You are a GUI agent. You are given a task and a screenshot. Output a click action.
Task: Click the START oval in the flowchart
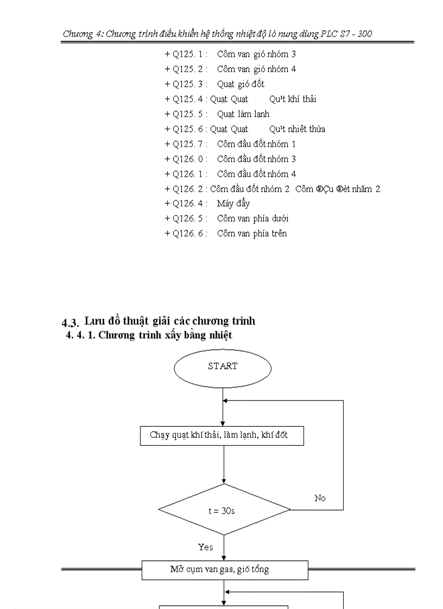point(223,367)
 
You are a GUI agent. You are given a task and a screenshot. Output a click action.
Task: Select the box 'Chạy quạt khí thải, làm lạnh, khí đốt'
point(221,435)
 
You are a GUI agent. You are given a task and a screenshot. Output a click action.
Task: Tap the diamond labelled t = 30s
point(224,510)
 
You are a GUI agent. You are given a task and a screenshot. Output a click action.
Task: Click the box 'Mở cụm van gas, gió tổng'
point(225,570)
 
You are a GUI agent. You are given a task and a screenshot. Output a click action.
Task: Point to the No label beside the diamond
point(320,498)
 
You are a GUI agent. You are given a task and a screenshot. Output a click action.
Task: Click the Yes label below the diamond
point(206,547)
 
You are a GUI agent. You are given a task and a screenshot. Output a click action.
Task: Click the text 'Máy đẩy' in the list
point(233,203)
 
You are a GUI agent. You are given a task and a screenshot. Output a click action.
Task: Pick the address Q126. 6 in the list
point(189,234)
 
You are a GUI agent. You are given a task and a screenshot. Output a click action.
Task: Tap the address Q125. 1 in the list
point(189,54)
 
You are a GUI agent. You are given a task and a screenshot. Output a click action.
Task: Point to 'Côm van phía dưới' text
point(252,219)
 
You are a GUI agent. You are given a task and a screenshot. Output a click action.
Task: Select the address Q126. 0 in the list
point(189,159)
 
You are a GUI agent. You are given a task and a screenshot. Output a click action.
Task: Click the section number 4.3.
point(71,323)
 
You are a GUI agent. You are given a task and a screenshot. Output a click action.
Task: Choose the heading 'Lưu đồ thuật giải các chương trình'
point(170,320)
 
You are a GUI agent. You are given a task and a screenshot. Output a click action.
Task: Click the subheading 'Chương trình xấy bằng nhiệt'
point(165,335)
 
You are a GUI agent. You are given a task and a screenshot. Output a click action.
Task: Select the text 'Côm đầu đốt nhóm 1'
point(256,144)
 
